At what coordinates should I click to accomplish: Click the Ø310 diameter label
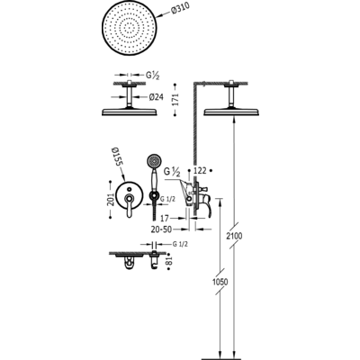click(x=181, y=10)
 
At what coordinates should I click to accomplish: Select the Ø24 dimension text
click(x=156, y=97)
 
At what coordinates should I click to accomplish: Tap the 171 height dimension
click(x=175, y=100)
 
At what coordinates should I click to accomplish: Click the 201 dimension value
click(x=111, y=199)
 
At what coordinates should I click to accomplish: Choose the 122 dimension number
click(x=200, y=170)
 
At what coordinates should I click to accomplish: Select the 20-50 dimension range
click(x=161, y=229)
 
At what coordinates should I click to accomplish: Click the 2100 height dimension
click(x=234, y=236)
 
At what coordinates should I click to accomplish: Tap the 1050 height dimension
click(x=220, y=282)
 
